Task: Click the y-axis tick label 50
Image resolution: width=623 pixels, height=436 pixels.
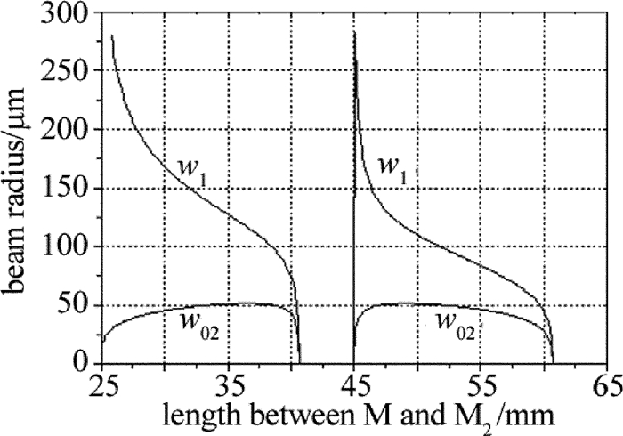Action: tap(79, 305)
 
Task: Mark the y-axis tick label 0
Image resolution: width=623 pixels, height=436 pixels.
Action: tap(86, 363)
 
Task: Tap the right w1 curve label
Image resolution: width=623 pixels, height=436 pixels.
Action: tap(394, 170)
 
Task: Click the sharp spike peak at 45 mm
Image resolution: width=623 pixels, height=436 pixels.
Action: tap(354, 33)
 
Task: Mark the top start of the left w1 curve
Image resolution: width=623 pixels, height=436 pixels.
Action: tap(112, 36)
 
